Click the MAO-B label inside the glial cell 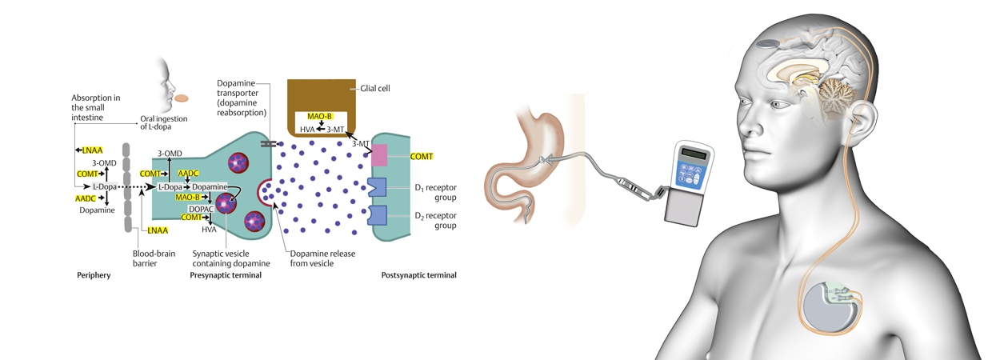[x=319, y=117]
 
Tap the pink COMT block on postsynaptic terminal [x=378, y=155]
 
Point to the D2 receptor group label [x=435, y=220]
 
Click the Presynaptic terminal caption [x=226, y=275]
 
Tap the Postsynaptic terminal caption [x=418, y=275]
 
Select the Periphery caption [x=94, y=275]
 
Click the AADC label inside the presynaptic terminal [x=189, y=173]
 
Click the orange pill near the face [x=182, y=98]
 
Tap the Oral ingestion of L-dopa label [x=163, y=123]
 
